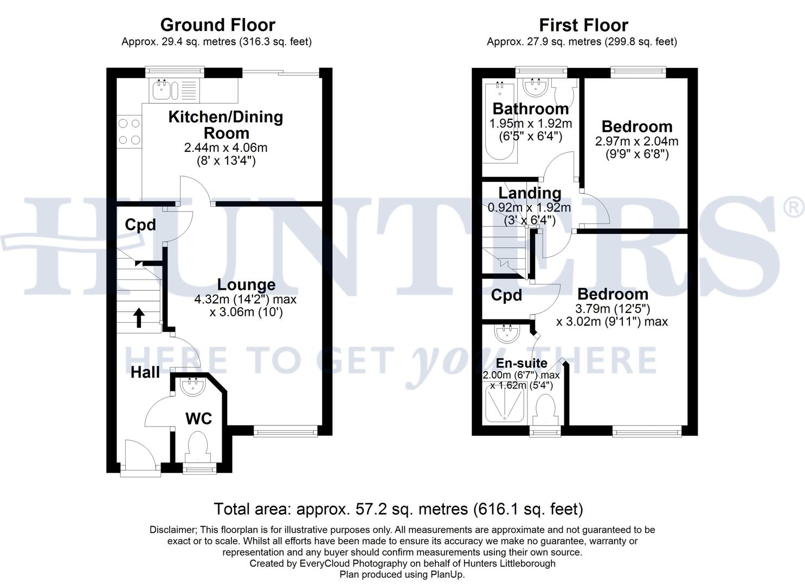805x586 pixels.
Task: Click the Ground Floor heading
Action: pos(217,25)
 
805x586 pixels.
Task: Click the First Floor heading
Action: pos(583,25)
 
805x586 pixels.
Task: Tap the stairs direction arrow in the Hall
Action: pos(139,318)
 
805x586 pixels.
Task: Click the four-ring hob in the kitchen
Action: pos(129,131)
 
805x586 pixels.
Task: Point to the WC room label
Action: pos(198,418)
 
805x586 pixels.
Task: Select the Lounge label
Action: pos(246,284)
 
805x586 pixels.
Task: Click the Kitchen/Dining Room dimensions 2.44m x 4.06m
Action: pos(226,148)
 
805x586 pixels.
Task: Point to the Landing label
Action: pos(530,193)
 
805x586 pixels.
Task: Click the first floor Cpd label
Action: pos(506,295)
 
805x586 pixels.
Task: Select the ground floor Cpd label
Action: pos(140,225)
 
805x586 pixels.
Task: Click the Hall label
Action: pos(145,372)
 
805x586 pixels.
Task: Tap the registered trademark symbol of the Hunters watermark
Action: pos(794,208)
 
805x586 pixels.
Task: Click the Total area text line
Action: pos(398,509)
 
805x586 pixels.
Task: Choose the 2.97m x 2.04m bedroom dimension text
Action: pos(636,141)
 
